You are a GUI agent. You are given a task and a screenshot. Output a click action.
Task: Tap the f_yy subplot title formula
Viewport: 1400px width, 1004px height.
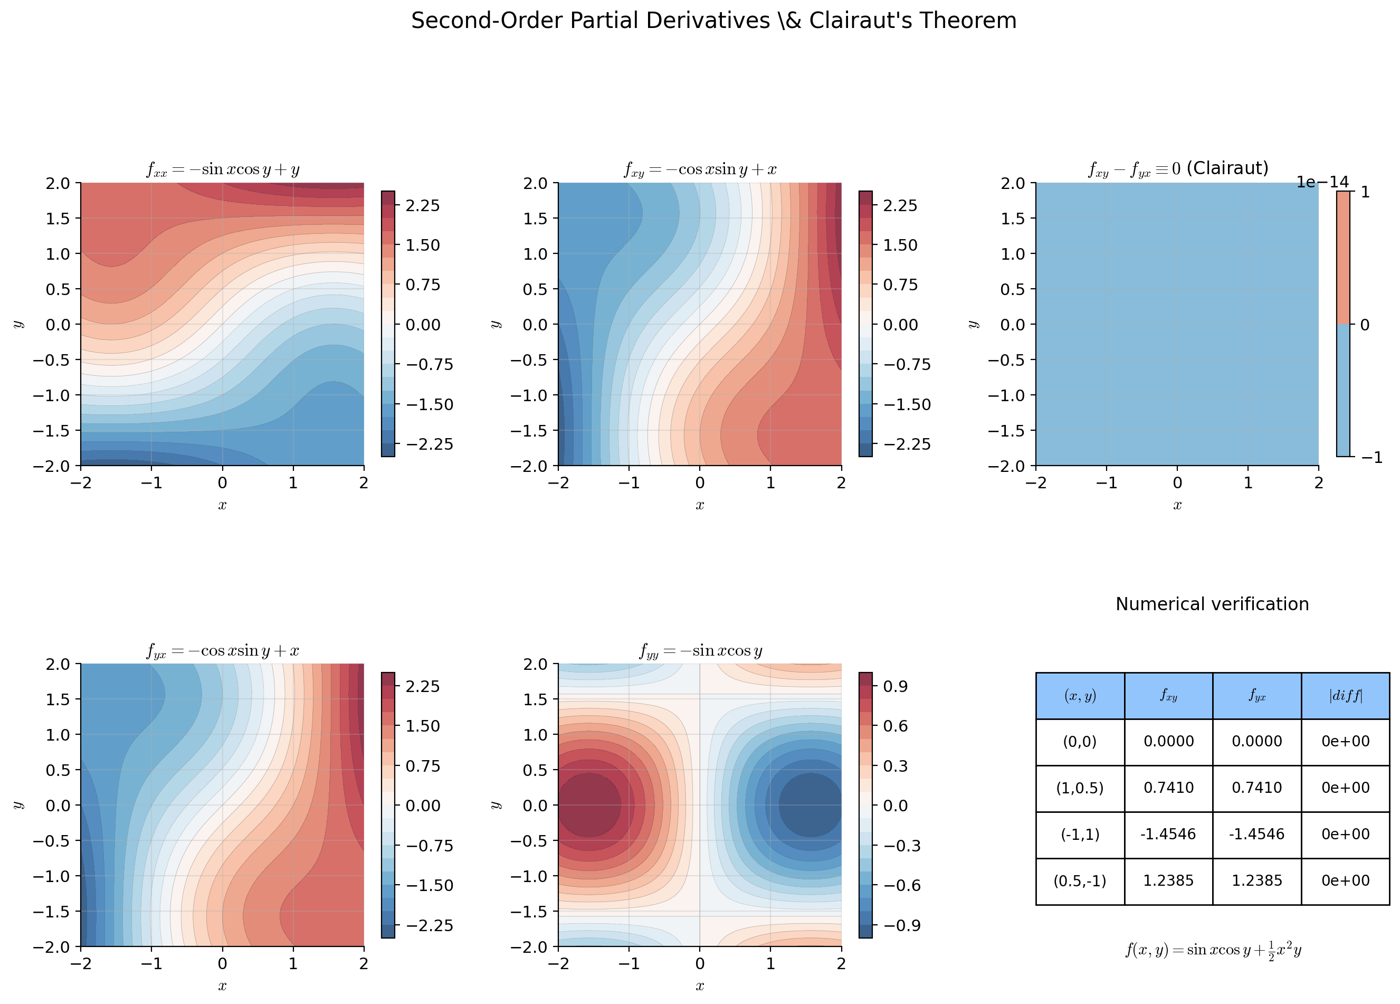(x=700, y=650)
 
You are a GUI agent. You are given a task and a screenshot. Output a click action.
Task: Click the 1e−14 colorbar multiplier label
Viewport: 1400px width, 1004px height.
(x=1322, y=182)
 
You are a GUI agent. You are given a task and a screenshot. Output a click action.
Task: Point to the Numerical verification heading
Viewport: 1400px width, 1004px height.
(x=1212, y=604)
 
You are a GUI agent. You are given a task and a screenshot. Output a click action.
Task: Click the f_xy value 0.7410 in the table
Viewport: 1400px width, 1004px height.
(x=1168, y=788)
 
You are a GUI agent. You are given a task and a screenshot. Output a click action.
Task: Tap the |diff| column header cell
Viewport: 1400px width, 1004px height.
(x=1345, y=696)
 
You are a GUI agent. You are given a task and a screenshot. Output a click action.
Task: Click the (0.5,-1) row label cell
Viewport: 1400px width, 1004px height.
(x=1080, y=880)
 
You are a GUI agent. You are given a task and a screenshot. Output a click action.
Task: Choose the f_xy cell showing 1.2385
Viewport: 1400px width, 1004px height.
(x=1168, y=880)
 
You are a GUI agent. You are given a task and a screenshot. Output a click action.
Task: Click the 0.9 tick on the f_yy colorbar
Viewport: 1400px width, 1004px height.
(x=895, y=686)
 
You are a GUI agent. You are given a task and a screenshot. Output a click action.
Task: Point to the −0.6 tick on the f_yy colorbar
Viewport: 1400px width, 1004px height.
(x=902, y=885)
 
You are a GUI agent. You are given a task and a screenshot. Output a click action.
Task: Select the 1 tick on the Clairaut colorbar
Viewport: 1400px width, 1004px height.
(x=1365, y=192)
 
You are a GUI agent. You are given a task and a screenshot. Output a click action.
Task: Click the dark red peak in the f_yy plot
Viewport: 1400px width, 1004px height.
(x=588, y=804)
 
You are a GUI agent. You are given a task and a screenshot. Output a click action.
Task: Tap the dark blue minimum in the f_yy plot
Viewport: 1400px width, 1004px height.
(x=811, y=804)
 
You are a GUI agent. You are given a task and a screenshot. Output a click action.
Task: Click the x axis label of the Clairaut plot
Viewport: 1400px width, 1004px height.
(x=1177, y=505)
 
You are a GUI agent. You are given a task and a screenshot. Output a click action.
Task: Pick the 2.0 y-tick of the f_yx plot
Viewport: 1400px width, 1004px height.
(x=58, y=664)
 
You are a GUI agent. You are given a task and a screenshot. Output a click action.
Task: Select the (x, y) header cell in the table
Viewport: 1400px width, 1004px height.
(x=1080, y=696)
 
